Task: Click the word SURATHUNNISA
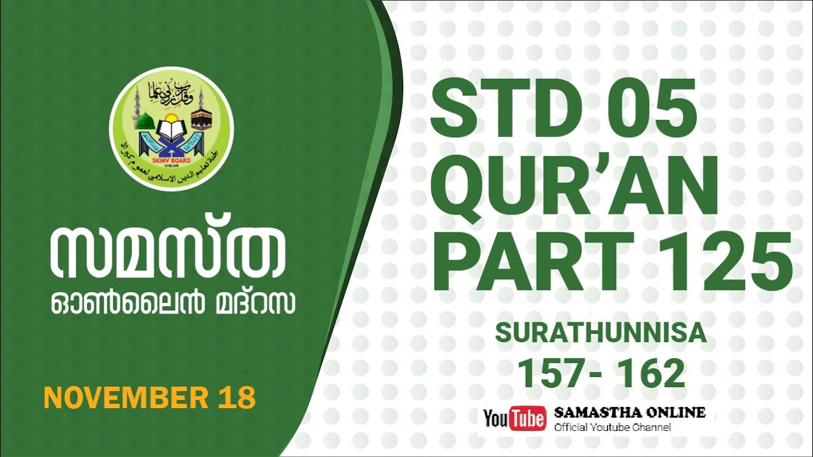coord(600,333)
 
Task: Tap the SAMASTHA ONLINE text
coord(629,412)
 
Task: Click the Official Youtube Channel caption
coord(612,427)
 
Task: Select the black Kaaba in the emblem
coord(201,119)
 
